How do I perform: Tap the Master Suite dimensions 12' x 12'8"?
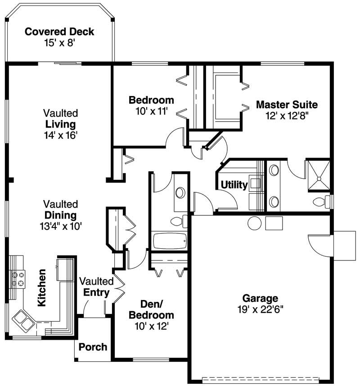point(287,115)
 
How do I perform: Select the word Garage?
point(260,298)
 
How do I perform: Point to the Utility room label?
point(234,185)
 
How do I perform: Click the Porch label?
point(93,347)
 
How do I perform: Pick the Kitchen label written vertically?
point(42,288)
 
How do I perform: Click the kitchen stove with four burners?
point(18,278)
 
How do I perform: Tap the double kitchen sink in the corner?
point(23,320)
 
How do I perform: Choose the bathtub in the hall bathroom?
point(169,241)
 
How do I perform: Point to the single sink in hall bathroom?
point(180,193)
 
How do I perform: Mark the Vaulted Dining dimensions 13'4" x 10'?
point(61,226)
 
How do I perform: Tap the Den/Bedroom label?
point(151,309)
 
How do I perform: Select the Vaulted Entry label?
point(96,287)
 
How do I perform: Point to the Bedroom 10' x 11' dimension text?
point(151,110)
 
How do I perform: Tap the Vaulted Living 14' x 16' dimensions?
point(61,135)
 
